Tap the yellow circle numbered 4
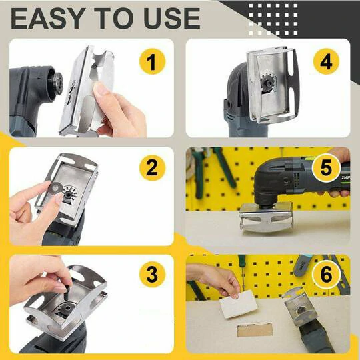coord(325,63)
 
